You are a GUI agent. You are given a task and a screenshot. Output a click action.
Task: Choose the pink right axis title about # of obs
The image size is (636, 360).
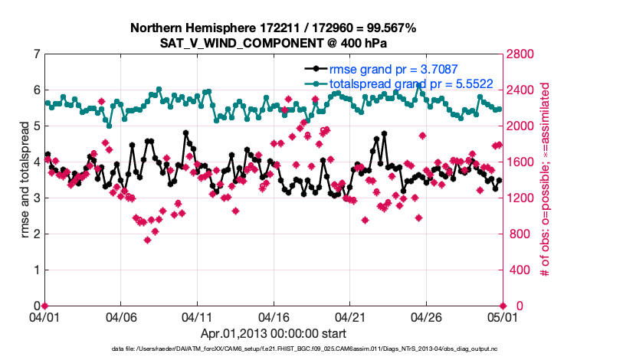point(546,181)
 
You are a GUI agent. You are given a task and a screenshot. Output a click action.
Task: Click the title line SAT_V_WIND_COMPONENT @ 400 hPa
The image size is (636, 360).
point(273,42)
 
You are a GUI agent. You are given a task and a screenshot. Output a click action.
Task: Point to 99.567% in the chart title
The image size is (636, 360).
point(387,28)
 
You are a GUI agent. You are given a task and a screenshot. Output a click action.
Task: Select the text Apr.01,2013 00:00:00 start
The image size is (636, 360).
point(273,333)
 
